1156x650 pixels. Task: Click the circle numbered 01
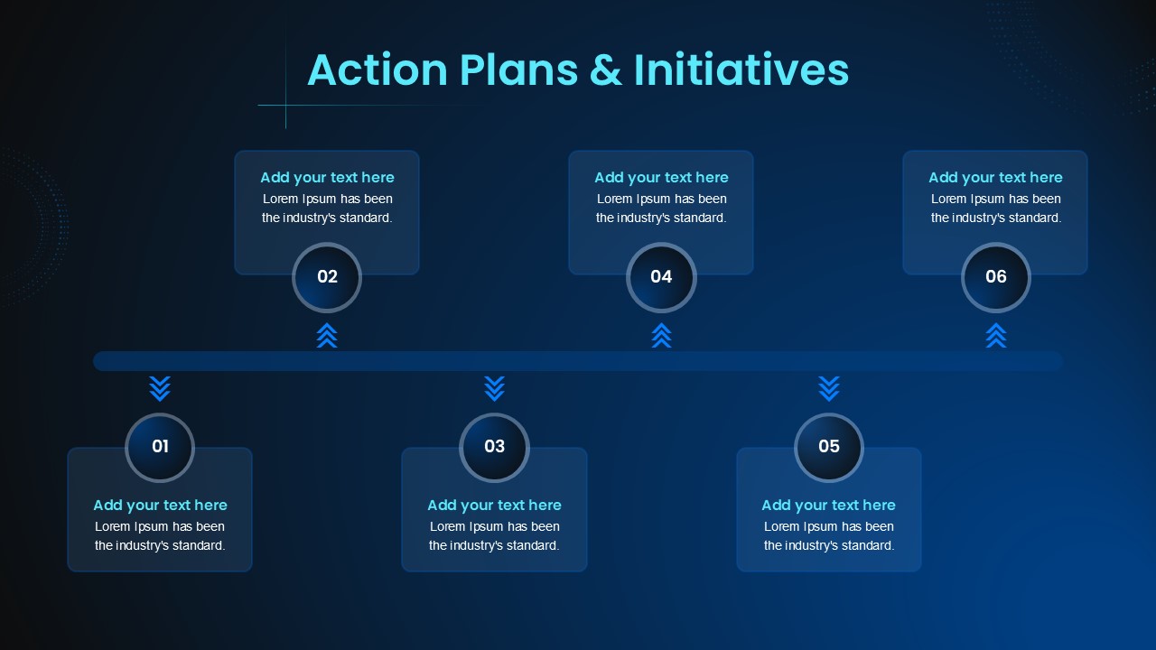[x=160, y=447]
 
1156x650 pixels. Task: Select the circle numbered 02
[x=327, y=277]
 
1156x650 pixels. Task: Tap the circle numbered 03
[x=494, y=447]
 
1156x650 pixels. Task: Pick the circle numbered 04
[x=662, y=277]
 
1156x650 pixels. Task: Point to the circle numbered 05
[x=829, y=447]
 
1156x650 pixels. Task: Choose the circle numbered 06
[x=996, y=277]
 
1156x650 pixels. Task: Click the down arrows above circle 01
[x=160, y=389]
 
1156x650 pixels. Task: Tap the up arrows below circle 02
[x=327, y=336]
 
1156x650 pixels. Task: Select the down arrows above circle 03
[x=494, y=389]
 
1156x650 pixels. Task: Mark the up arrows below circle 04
[x=662, y=336]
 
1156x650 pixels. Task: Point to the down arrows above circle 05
[x=829, y=389]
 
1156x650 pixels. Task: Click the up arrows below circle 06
[x=996, y=336]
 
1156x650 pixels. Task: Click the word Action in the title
[x=378, y=70]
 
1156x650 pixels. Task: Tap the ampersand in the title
[x=605, y=70]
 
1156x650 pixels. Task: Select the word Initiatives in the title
[x=741, y=69]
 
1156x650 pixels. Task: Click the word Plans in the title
[x=518, y=70]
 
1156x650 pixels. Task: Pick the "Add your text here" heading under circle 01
[x=160, y=505]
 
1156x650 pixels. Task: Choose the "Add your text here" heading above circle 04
[x=662, y=178]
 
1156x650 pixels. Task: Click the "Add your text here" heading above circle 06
[x=996, y=178]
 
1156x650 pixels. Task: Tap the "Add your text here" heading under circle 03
[x=494, y=505]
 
